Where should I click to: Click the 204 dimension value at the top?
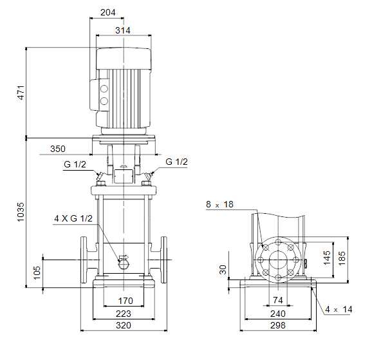click(x=108, y=12)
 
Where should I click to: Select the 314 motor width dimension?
click(x=123, y=30)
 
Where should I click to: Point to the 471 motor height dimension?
click(x=21, y=93)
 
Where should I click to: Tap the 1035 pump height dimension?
click(x=21, y=212)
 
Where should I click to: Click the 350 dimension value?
click(x=58, y=149)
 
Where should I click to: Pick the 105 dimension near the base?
click(x=37, y=272)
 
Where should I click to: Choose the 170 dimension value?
click(x=126, y=301)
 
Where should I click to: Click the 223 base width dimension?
click(x=124, y=314)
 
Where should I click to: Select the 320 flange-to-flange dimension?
click(x=124, y=325)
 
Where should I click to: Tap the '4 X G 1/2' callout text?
click(x=73, y=218)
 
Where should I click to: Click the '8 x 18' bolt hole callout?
click(x=219, y=204)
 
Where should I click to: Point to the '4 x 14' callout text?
click(x=339, y=309)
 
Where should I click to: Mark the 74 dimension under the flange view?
click(x=278, y=300)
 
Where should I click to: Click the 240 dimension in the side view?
click(x=278, y=314)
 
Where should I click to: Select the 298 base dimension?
click(x=278, y=325)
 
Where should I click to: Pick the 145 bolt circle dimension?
click(x=327, y=258)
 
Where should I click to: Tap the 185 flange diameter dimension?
click(x=342, y=258)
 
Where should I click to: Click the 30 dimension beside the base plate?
click(x=223, y=270)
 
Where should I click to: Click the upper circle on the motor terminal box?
click(x=104, y=89)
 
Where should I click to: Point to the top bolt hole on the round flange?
click(x=278, y=242)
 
